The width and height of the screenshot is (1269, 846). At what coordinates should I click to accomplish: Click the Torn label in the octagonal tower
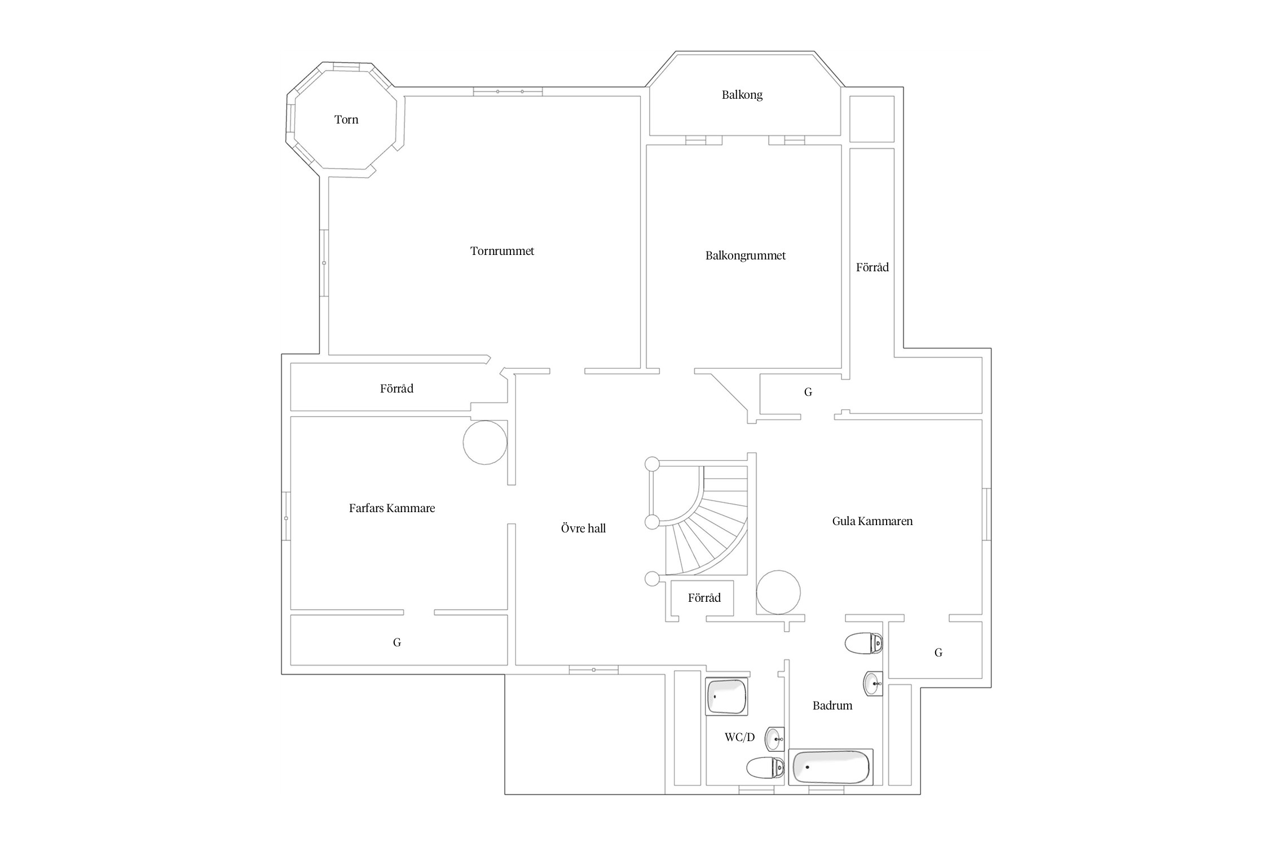coord(346,120)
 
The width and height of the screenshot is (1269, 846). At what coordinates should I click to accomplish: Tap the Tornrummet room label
coord(502,251)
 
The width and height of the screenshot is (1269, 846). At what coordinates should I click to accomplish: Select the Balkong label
coord(742,95)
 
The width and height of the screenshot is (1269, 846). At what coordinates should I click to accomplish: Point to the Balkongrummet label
coord(746,256)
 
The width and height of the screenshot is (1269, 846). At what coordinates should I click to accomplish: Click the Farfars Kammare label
coord(392,508)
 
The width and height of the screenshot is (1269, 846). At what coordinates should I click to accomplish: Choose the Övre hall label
coord(583,528)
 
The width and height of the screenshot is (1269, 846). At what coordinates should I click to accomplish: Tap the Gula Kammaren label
coord(873,521)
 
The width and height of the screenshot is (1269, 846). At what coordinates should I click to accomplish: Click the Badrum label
coord(832,706)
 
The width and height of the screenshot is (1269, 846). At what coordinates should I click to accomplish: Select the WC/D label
coord(739,737)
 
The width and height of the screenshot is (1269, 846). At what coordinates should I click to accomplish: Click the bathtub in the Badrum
coord(831,767)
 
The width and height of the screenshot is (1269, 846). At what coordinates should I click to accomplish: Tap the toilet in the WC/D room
coord(765,768)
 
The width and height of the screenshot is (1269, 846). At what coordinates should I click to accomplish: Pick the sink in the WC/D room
coord(775,738)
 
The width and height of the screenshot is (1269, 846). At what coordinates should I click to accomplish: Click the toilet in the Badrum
coord(864,643)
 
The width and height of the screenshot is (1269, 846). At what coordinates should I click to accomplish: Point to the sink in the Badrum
coord(873,684)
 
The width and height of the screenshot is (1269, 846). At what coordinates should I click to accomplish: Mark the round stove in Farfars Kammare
coord(485,443)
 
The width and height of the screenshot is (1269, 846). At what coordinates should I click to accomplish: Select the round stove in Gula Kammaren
coord(778,592)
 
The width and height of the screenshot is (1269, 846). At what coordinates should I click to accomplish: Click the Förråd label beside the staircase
coord(704,598)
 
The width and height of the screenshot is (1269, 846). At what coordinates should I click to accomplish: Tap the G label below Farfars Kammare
coord(397,642)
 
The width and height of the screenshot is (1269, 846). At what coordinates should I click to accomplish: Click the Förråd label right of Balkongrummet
coord(873,267)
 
